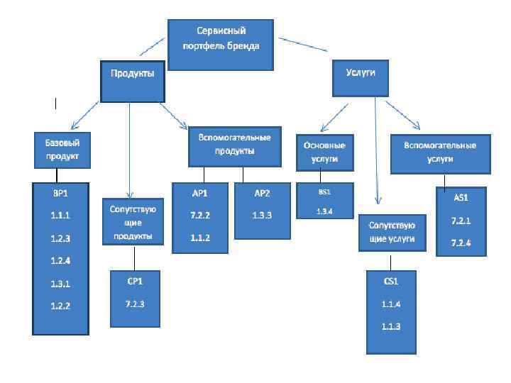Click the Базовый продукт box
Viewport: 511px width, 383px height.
point(62,149)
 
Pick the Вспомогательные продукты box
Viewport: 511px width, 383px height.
point(235,145)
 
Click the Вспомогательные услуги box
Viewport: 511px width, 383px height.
point(439,152)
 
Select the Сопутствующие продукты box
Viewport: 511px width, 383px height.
point(133,223)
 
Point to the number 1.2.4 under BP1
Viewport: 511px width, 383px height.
point(60,260)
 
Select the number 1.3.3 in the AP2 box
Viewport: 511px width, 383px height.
point(262,214)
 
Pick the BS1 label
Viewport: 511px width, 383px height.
point(324,191)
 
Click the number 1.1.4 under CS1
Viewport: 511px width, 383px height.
point(391,304)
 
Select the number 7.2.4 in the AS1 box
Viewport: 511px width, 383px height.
point(461,244)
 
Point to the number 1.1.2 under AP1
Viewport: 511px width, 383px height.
point(199,238)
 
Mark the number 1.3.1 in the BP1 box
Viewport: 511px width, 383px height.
point(60,284)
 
